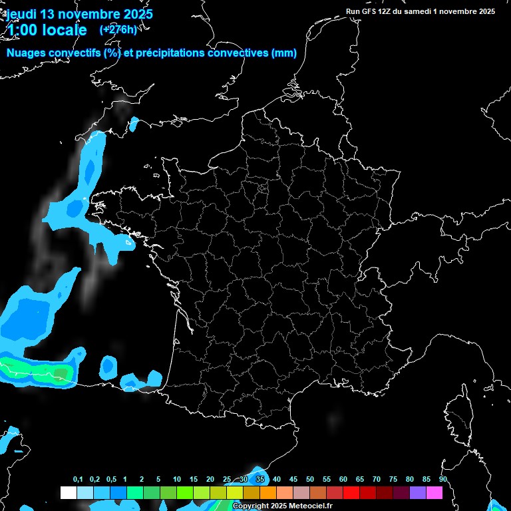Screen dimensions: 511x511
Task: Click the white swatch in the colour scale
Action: pos(68,493)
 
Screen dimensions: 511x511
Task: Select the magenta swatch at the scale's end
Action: pos(434,493)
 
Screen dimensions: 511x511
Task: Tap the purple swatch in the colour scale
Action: pos(418,493)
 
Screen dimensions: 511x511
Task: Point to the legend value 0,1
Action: pos(78,480)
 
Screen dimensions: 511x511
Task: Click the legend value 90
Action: pos(442,480)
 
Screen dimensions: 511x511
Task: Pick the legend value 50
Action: pos(309,480)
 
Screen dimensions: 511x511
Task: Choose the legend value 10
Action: pos(176,480)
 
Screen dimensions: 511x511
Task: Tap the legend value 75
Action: pos(393,480)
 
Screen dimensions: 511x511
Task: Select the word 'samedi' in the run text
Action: pos(419,11)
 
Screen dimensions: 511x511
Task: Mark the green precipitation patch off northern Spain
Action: pos(40,370)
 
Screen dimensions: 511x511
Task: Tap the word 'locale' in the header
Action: pos(65,31)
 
